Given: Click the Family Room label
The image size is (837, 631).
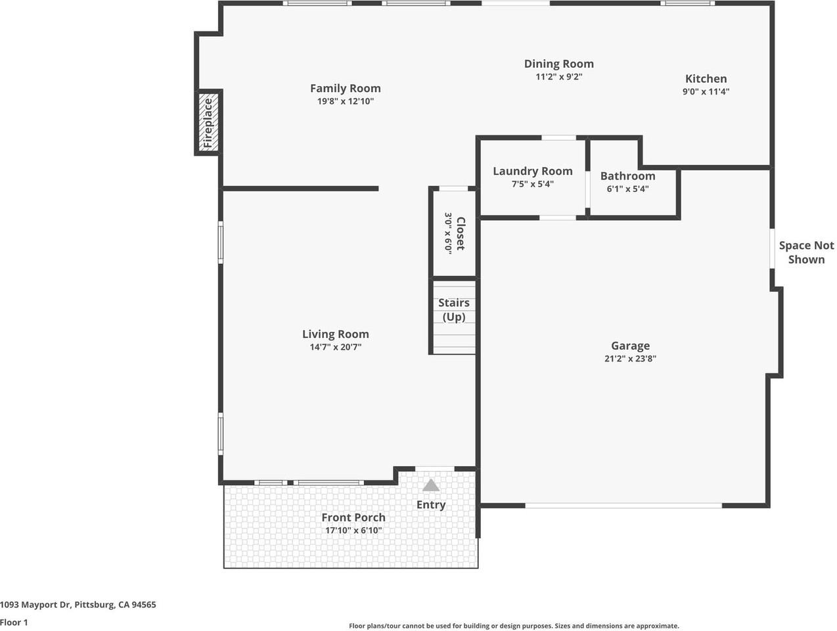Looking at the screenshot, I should click(345, 88).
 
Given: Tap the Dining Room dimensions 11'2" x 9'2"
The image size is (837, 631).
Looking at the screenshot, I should click(558, 76).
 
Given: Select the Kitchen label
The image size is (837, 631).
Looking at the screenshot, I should click(706, 78).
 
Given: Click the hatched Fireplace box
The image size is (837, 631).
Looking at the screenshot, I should click(208, 122).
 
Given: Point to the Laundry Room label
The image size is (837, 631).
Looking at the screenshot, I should click(532, 171).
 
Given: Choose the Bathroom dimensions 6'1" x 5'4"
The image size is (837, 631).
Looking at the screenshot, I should click(627, 189).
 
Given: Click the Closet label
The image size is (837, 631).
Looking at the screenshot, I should click(461, 233).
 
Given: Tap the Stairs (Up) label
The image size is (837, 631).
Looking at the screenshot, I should click(454, 310).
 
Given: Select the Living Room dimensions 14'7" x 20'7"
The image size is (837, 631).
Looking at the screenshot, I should click(335, 347).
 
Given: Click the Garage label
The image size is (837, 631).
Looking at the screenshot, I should click(630, 346).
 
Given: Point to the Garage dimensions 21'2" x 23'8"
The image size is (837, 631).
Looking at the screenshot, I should click(630, 359).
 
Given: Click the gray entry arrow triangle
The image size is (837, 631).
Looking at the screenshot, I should click(431, 486).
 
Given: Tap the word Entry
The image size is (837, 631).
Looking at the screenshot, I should click(431, 505).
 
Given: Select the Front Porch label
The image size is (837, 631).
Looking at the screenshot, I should click(353, 517).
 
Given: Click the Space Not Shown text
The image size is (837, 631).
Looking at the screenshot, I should click(806, 252).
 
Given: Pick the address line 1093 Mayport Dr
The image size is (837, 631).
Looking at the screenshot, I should click(78, 605).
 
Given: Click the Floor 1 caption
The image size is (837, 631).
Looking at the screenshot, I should click(14, 622).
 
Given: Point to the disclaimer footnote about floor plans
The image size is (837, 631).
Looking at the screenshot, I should click(514, 626).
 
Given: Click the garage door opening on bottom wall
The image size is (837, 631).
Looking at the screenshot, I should click(623, 505).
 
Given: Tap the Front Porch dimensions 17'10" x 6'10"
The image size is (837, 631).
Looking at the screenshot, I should click(353, 530).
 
